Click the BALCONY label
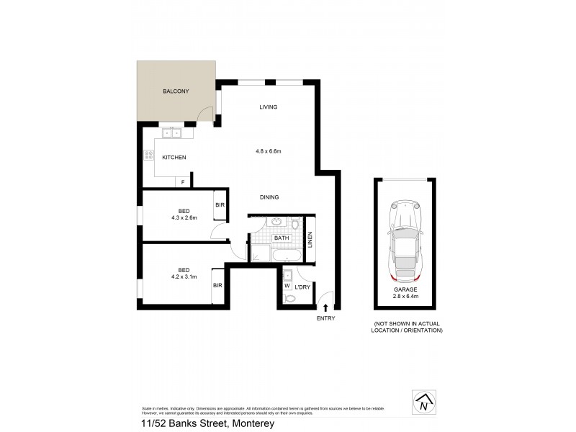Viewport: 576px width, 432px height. point(176,91)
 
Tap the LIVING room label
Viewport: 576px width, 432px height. point(269,107)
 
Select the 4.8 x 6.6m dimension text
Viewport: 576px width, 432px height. point(268,151)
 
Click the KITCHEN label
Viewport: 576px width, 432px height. point(174,157)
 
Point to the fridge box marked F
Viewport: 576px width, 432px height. point(183,182)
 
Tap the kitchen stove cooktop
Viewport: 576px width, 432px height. point(149,155)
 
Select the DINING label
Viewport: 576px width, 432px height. point(269,197)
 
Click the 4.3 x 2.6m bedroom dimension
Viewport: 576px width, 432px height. point(184,217)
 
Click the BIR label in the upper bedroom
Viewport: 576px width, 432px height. point(220,205)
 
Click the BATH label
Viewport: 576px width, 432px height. point(281,238)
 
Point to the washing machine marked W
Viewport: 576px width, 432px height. point(287,285)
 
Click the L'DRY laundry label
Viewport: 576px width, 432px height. point(302,287)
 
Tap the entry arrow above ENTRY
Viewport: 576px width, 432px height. point(325,307)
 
